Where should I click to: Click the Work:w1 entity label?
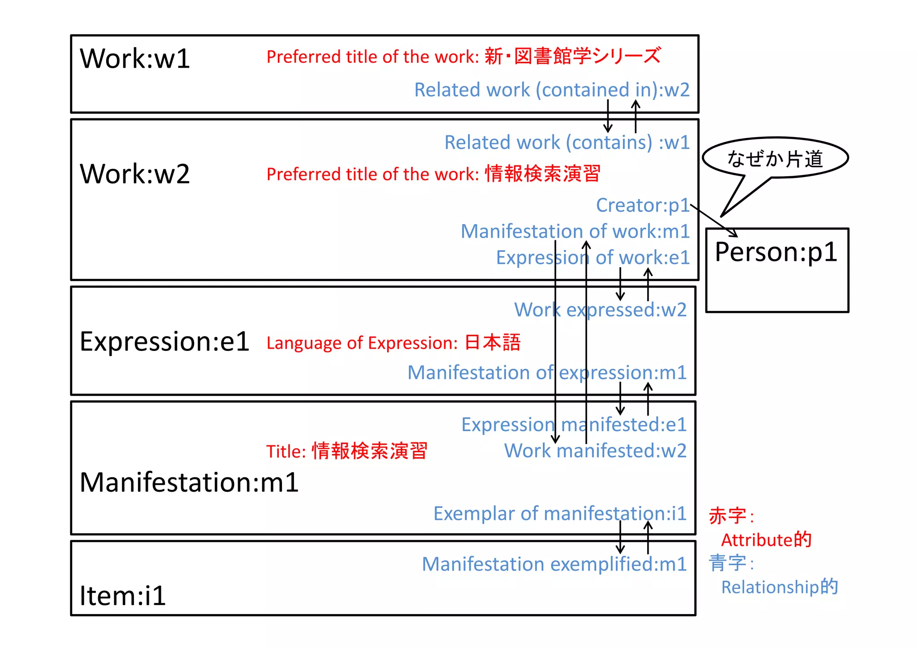point(135,59)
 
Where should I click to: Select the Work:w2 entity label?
point(135,174)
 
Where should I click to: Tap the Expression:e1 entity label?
point(165,342)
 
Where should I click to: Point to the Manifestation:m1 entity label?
point(189,483)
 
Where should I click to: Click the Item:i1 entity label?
point(123,596)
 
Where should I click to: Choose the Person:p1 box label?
point(776,252)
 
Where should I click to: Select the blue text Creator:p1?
point(642,205)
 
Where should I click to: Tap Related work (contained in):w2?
point(551,90)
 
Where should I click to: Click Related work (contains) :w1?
point(567,143)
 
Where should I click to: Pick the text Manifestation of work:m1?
point(575,232)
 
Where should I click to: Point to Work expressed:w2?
point(600,310)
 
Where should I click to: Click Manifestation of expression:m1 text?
point(547,373)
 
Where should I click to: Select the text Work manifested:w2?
point(595,451)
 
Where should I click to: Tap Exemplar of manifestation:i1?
point(560,514)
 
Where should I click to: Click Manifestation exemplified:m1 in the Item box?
point(554,564)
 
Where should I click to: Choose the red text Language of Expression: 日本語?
point(393,343)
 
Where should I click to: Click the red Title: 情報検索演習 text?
point(346,451)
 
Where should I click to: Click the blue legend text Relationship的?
point(779,587)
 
